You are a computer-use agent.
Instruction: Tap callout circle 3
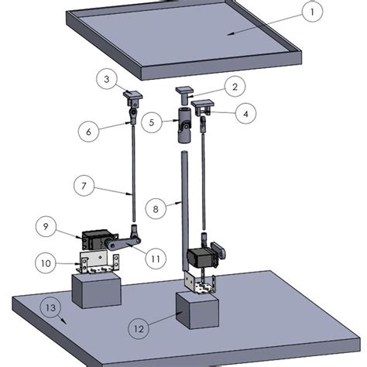tap(107, 78)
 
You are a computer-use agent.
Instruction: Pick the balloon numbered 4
tap(245, 114)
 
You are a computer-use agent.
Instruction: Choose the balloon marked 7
tap(85, 187)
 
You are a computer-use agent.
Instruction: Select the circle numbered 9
tap(47, 228)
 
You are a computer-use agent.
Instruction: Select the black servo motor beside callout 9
tap(97, 238)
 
